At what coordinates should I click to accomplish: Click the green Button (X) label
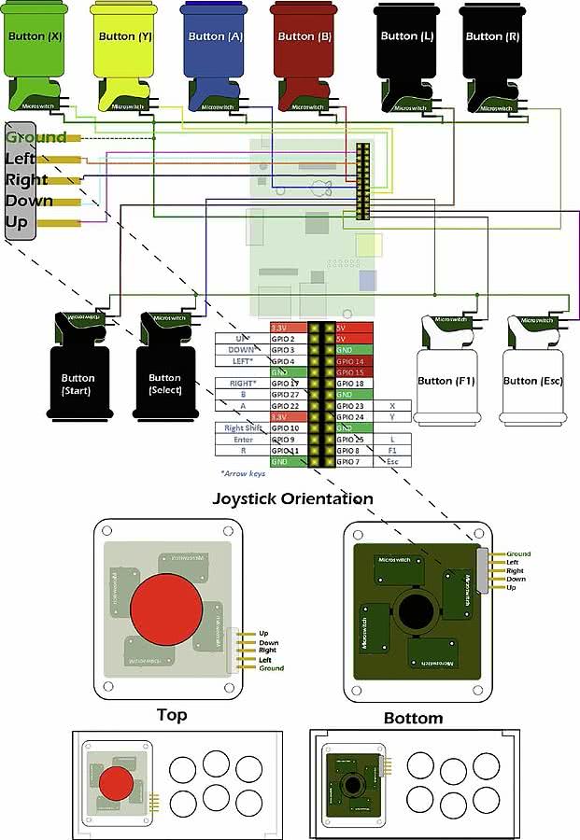(35, 36)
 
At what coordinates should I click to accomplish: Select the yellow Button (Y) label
(125, 36)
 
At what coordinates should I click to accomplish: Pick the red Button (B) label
(304, 36)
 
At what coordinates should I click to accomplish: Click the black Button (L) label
(406, 36)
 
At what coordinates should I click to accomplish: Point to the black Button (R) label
(492, 36)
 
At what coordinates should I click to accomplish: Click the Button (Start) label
(78, 384)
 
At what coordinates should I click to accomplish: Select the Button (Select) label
(164, 384)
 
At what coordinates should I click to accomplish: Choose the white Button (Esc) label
(533, 381)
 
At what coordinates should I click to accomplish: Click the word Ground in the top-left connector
(35, 137)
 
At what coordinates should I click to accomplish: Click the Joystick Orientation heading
(293, 498)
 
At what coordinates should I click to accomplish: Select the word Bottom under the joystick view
(413, 718)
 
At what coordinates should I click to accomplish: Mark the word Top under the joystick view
(172, 715)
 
